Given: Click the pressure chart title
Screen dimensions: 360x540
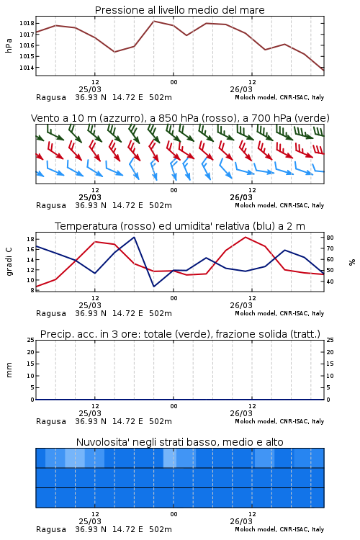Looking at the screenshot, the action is (179, 10).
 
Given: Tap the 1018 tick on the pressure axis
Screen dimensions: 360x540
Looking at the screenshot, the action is (27, 24).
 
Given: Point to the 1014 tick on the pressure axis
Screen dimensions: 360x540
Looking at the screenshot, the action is (27, 68).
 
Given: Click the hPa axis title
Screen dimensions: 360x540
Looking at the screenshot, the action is (9, 45).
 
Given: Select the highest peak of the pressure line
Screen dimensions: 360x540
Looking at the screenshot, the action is (153, 21).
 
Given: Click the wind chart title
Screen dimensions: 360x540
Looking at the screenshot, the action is (180, 118).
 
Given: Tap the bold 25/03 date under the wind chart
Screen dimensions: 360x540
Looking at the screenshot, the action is (90, 197).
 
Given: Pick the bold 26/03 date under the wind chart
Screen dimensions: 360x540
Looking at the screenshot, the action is (241, 197).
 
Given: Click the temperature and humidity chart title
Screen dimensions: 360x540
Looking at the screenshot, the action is (180, 226).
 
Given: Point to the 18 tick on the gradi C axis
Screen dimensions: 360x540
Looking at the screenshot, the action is (30, 239).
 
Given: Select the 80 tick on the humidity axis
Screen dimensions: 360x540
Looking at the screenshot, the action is (330, 238).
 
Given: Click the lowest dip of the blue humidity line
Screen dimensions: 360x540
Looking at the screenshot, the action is (153, 287).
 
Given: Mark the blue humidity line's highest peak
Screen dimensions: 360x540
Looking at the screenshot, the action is (134, 237).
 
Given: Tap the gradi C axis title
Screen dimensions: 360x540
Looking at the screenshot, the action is (9, 261).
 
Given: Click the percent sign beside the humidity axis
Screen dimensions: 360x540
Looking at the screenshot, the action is (352, 262).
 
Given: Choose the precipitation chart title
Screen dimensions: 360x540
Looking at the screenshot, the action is (180, 334).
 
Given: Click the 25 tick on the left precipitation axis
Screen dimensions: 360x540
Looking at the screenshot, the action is (30, 340).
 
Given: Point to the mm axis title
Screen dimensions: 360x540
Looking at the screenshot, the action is (9, 370).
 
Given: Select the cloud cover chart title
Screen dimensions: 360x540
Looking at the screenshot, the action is (179, 442).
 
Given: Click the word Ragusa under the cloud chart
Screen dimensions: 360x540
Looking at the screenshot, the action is (51, 529).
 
